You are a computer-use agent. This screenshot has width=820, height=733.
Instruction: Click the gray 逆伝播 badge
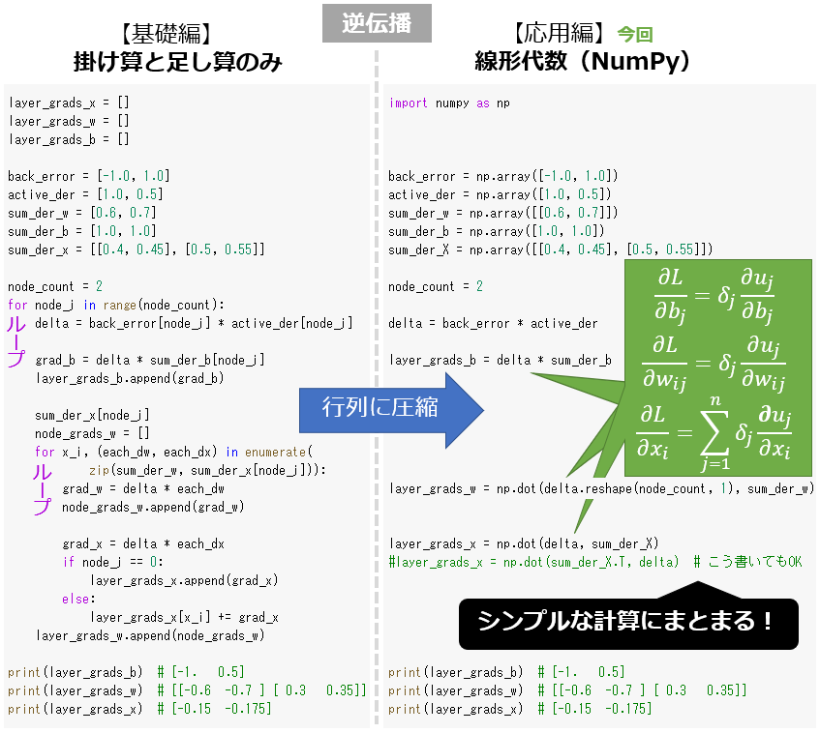pos(377,24)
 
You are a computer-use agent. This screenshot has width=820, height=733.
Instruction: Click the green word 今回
pos(635,35)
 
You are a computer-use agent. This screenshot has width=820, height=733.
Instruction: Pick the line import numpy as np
pos(449,103)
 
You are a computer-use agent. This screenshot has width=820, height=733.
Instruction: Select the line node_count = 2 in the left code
pos(55,286)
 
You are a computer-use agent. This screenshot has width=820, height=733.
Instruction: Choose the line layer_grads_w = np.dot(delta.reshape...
pos(600,488)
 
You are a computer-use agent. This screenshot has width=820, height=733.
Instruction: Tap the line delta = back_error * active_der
pos(493,323)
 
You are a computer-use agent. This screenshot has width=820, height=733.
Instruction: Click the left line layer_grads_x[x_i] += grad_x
pos(184,617)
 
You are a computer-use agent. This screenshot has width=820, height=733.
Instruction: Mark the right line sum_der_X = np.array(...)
pos(550,249)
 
